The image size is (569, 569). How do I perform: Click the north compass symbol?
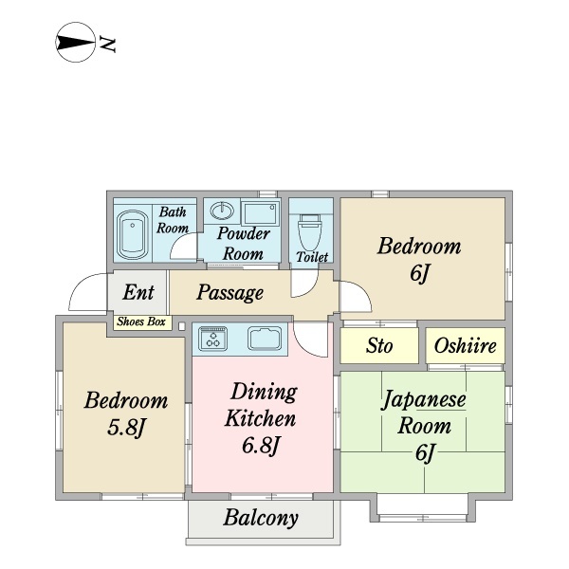coord(76,44)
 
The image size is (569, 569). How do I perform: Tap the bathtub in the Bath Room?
coord(132,234)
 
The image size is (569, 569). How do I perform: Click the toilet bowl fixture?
coord(309,230)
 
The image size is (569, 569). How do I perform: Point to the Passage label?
coord(230,293)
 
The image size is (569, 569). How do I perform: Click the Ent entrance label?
coord(138,292)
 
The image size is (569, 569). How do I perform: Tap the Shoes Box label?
coord(142,322)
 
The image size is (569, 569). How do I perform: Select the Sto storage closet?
coord(379,346)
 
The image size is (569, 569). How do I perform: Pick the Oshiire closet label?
coord(466,346)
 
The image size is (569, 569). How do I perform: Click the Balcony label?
coord(261,519)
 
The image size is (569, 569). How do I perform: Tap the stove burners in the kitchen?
coord(213,338)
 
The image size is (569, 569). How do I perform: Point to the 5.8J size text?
coord(126,429)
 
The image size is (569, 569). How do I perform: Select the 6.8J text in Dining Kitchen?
coord(260,445)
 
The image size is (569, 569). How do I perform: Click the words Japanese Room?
coord(424,413)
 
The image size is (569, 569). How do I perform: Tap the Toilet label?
coord(312,258)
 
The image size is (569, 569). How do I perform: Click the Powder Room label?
coord(243,244)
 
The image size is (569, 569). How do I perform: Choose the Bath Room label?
coord(173,220)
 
